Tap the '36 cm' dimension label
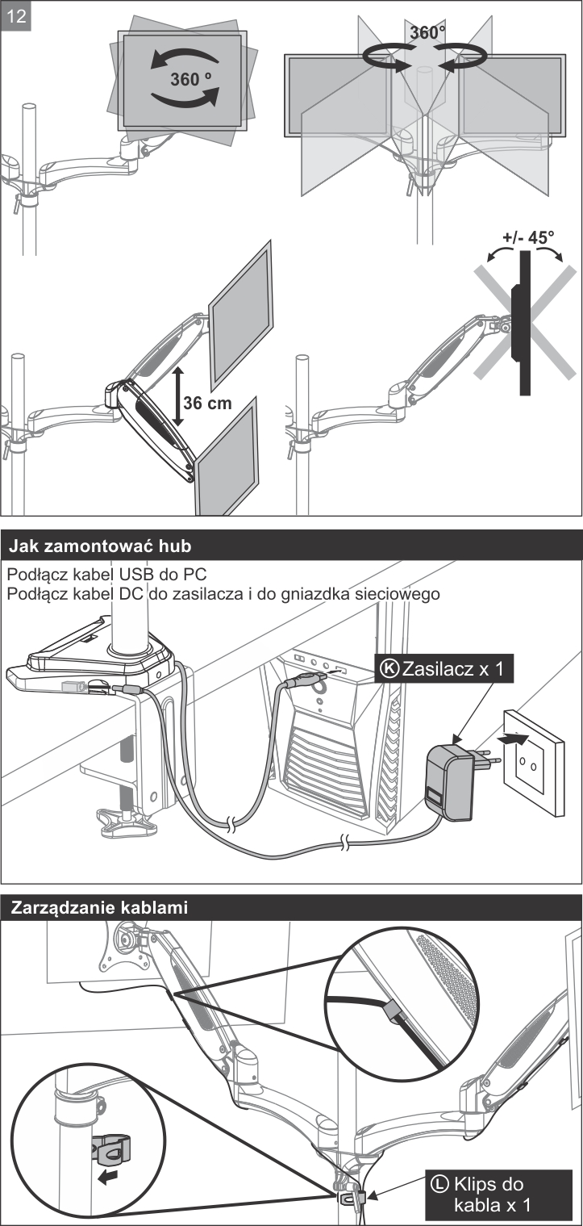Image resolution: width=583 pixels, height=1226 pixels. tap(207, 403)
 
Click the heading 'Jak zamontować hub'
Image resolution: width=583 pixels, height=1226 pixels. tap(100, 546)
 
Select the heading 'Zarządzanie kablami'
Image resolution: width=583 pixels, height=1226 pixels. tap(99, 907)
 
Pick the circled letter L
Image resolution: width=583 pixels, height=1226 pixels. tap(439, 1184)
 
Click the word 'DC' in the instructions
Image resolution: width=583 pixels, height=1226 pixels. tap(145, 595)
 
